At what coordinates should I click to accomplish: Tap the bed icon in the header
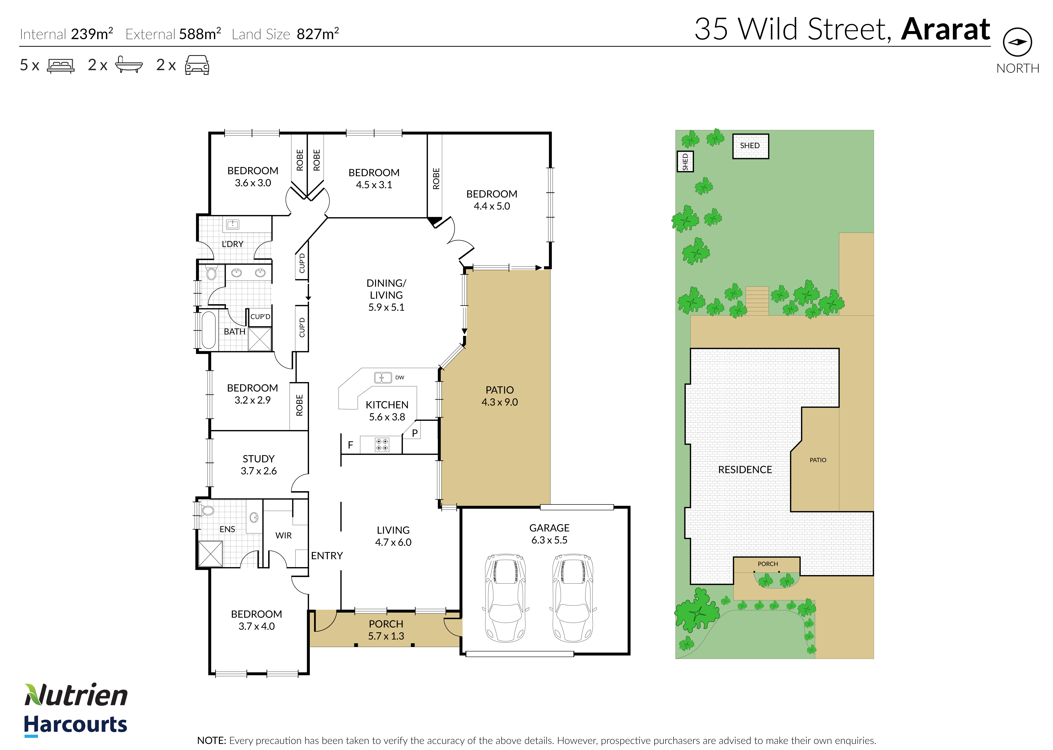tap(60, 66)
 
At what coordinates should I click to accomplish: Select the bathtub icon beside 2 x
tap(129, 65)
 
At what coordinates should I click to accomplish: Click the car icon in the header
tap(197, 65)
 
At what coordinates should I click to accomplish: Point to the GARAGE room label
tap(549, 528)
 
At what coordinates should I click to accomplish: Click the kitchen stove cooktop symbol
tap(382, 445)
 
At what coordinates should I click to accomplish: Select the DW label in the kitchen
tap(400, 377)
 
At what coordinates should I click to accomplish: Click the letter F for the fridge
tap(350, 445)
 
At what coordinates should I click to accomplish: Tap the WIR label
tap(283, 535)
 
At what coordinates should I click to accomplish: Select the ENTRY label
tap(327, 555)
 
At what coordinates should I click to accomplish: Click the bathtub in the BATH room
tap(209, 330)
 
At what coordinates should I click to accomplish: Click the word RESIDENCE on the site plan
tap(745, 470)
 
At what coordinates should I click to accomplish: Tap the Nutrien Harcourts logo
tap(76, 710)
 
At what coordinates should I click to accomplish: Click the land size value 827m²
tap(318, 34)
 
